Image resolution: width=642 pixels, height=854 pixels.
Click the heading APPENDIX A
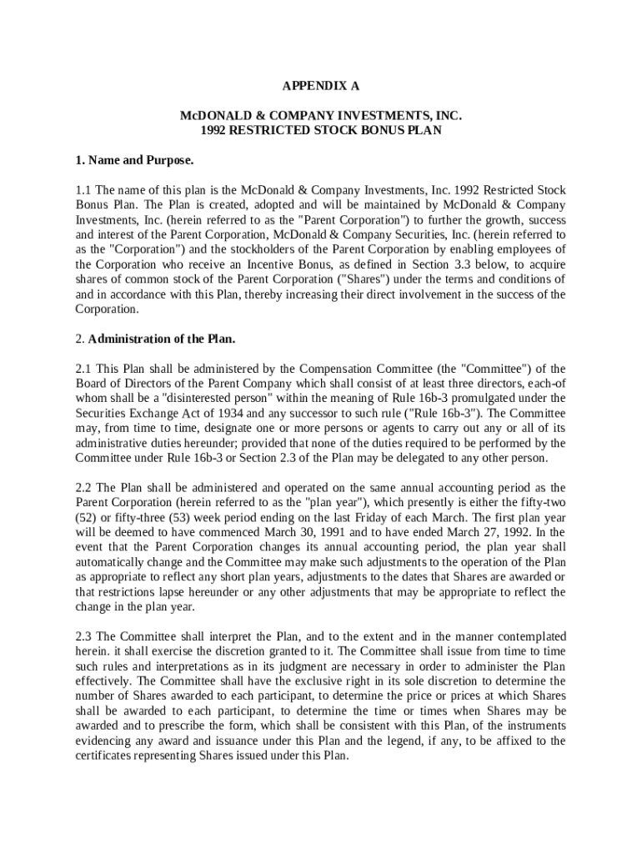coord(320,85)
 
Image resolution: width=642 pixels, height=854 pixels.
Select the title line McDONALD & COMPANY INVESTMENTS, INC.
coord(321,115)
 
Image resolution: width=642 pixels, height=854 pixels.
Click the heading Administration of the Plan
coord(162,339)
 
